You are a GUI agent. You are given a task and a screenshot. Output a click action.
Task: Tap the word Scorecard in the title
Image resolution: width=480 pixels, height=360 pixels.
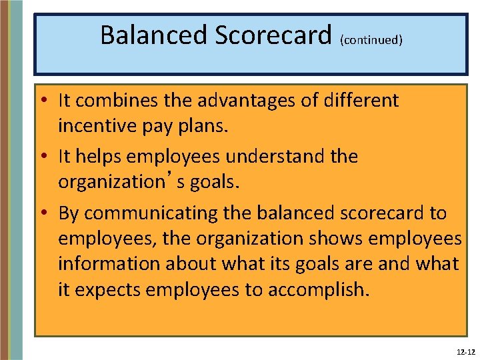(x=274, y=35)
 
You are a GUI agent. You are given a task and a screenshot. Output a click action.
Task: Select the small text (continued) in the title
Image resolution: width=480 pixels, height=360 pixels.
(x=371, y=40)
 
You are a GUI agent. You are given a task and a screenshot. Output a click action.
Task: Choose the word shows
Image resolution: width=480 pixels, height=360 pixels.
(x=332, y=239)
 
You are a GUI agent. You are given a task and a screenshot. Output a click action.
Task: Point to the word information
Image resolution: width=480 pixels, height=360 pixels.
(x=108, y=264)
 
